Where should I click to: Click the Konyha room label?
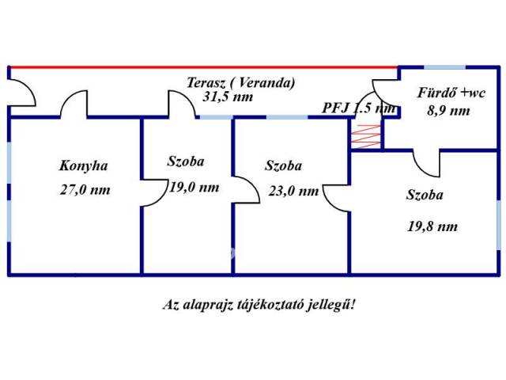coord(83,166)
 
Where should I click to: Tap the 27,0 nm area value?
coord(85,190)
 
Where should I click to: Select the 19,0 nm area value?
coord(194,188)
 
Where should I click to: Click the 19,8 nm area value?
coord(432,226)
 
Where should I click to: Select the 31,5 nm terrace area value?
coord(228,97)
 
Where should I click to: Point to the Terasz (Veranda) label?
coord(241,82)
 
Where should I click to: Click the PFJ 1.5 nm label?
coord(358,108)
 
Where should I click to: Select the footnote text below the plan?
coord(259,304)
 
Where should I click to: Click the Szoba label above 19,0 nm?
coord(186,161)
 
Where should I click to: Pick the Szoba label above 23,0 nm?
coord(284,166)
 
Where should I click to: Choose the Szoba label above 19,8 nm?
coord(425,195)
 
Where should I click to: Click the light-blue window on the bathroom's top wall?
coord(435,67)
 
